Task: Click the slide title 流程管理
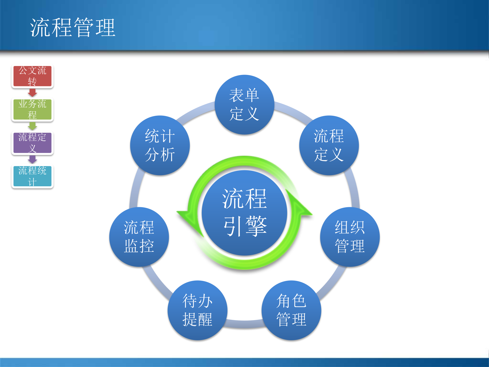coord(73,28)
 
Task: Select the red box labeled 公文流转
coord(32,76)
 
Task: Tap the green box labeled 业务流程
coord(32,109)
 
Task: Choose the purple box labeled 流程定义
coord(32,143)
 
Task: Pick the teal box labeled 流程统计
coord(32,176)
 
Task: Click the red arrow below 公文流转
coord(32,93)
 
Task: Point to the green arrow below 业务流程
coord(32,126)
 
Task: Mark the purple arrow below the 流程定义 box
coord(32,159)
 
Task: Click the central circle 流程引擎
coord(244,213)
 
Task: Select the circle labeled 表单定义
coord(244,104)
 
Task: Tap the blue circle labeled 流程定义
coord(329,145)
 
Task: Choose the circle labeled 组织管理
coord(350,237)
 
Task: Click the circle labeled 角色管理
coord(291,310)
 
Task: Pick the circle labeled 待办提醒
coord(197,310)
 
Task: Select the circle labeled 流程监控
coord(139,237)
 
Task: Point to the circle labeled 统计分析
coord(160,145)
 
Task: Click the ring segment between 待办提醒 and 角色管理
coord(244,324)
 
